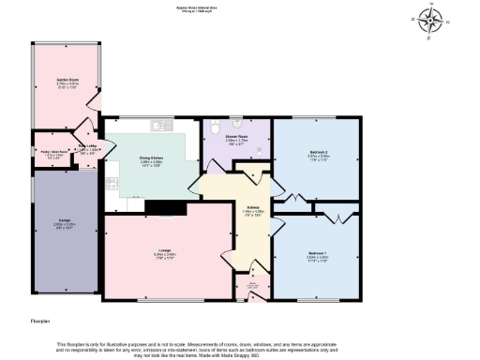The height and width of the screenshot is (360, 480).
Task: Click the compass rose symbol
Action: (x=431, y=20)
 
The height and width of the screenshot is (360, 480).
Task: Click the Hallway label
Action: (x=253, y=210)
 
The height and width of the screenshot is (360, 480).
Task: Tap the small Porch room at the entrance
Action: (x=253, y=289)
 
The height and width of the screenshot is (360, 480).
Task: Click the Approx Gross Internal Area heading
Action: (x=239, y=6)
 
